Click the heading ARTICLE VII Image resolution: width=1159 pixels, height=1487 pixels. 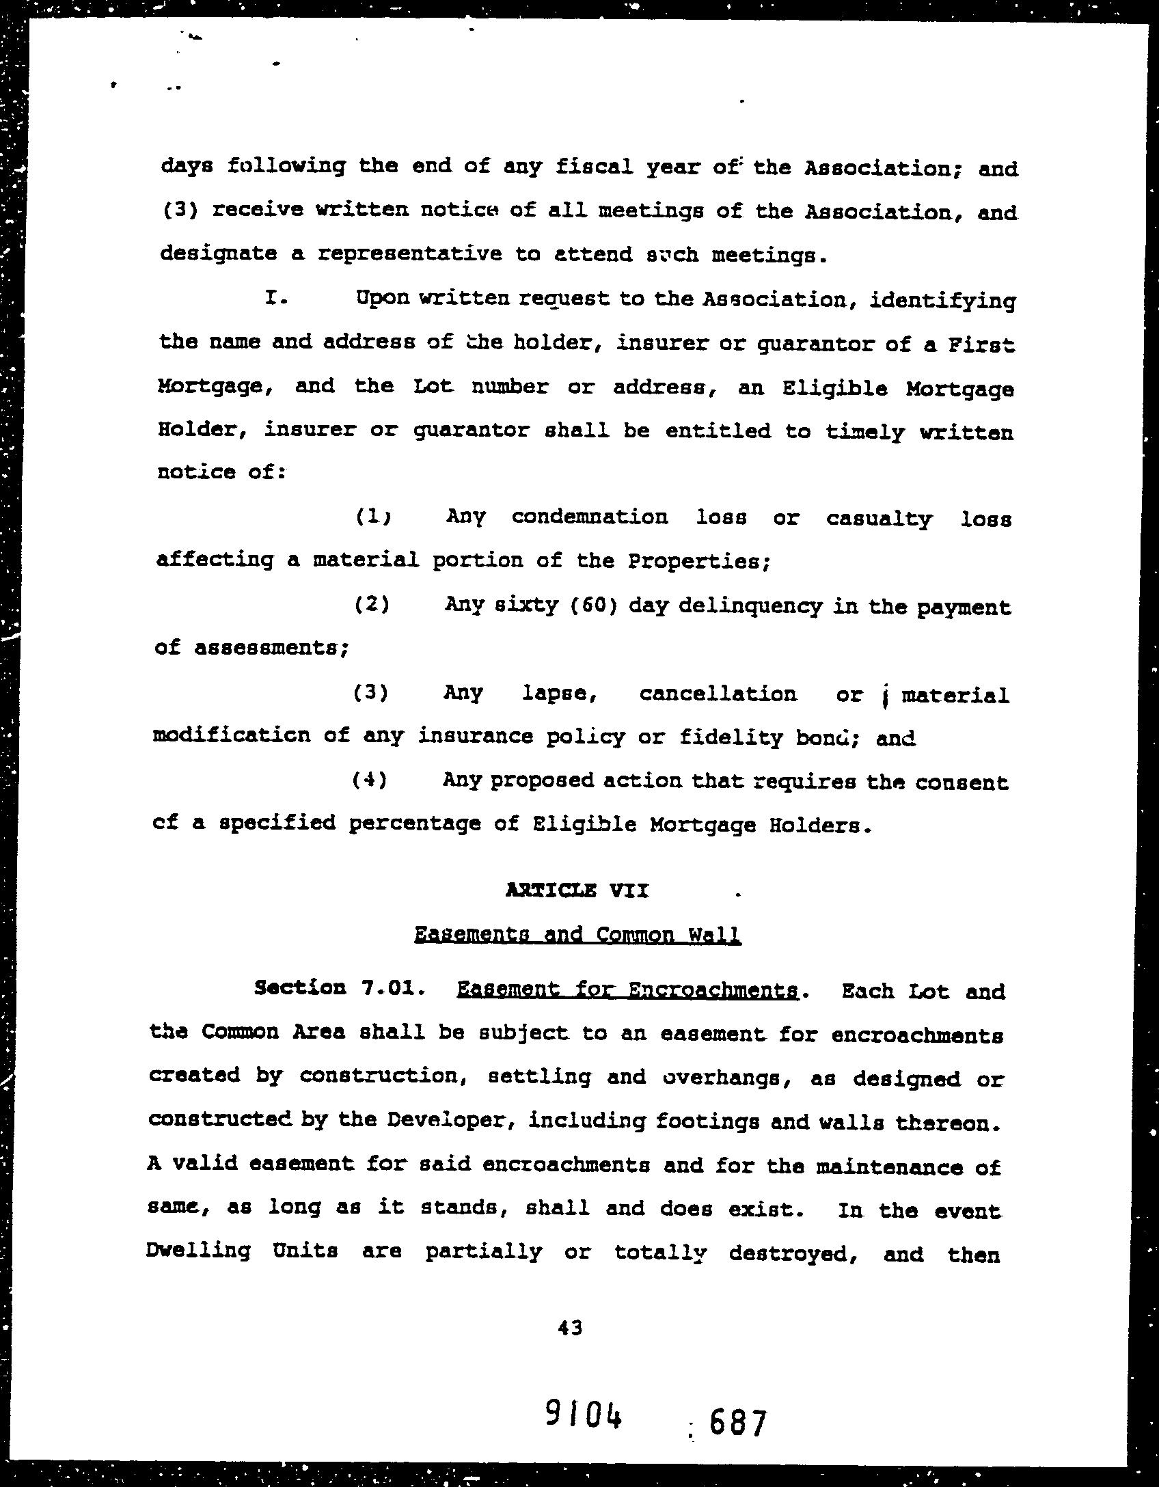[577, 890]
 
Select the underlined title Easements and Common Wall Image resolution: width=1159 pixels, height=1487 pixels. [577, 934]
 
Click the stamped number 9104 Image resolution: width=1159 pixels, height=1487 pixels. [585, 1415]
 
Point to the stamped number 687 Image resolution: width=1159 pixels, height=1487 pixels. [737, 1423]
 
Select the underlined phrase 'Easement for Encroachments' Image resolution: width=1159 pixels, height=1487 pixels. [627, 990]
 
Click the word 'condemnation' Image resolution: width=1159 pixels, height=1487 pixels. [590, 517]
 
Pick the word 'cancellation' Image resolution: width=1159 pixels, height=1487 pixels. [718, 694]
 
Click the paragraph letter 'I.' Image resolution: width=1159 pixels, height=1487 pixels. [273, 299]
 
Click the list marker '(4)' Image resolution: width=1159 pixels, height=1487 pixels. [369, 780]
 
